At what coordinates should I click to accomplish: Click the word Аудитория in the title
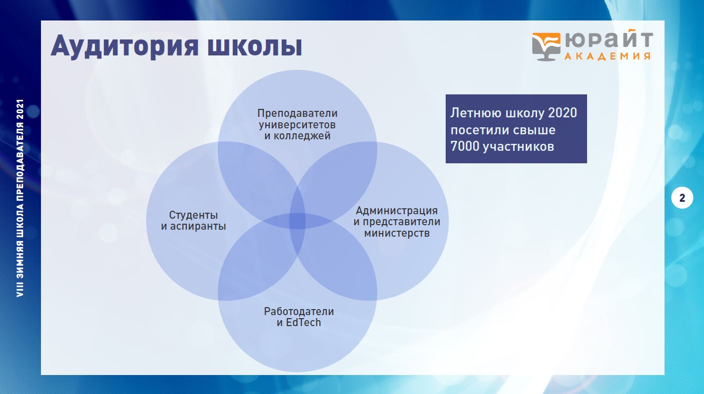[124, 46]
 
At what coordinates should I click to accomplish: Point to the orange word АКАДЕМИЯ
[608, 56]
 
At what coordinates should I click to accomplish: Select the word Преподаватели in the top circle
[297, 113]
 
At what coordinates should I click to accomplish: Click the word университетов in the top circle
[297, 125]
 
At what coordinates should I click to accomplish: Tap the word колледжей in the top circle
[302, 136]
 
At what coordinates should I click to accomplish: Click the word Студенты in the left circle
[193, 215]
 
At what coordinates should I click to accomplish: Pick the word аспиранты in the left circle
[198, 226]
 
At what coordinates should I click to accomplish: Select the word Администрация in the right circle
[397, 211]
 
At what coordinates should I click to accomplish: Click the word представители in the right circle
[401, 222]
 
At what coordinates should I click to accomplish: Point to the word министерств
[397, 233]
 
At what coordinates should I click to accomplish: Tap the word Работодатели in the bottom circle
[299, 312]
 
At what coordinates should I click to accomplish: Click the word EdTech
[303, 323]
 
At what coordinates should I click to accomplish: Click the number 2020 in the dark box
[563, 113]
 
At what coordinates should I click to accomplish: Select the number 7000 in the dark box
[465, 146]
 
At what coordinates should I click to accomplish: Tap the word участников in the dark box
[518, 147]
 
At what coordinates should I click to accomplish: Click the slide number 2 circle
[682, 198]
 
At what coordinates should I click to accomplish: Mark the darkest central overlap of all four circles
[297, 221]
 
